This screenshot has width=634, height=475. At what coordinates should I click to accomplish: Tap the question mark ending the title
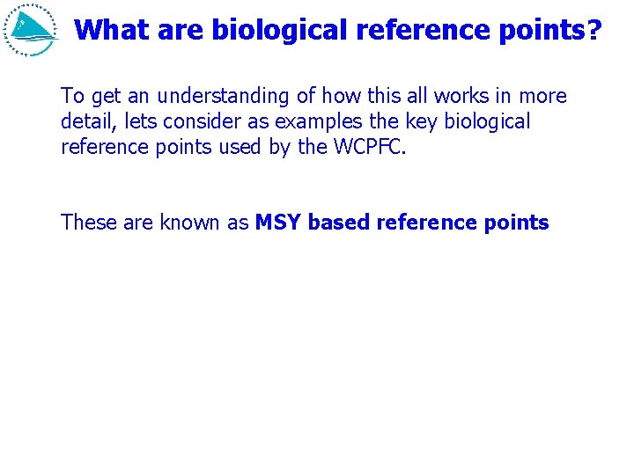(x=594, y=30)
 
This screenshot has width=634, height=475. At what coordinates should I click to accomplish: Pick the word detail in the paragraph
(x=84, y=121)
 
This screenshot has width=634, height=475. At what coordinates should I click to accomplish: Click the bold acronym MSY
(x=278, y=223)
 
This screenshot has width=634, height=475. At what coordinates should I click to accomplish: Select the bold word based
(x=339, y=223)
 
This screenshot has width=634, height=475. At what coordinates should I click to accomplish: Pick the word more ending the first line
(x=543, y=96)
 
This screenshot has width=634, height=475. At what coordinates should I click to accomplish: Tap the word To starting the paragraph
(x=71, y=96)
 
